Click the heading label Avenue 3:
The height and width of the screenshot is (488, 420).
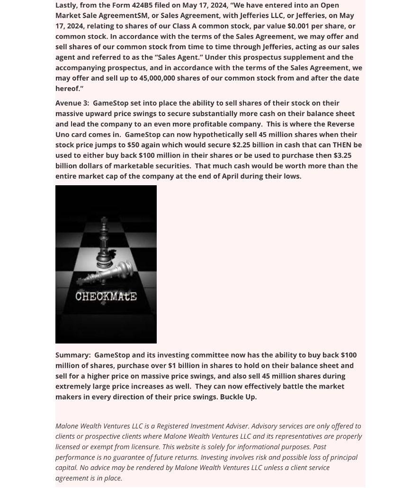pyautogui.click(x=72, y=103)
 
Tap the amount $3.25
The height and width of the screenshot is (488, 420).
pyautogui.click(x=342, y=155)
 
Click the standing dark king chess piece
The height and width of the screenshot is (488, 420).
pyautogui.click(x=104, y=242)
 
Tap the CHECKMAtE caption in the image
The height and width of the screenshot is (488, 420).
pyautogui.click(x=106, y=297)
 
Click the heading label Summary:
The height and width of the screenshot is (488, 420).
pyautogui.click(x=73, y=355)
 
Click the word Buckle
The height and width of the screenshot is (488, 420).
pyautogui.click(x=232, y=397)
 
